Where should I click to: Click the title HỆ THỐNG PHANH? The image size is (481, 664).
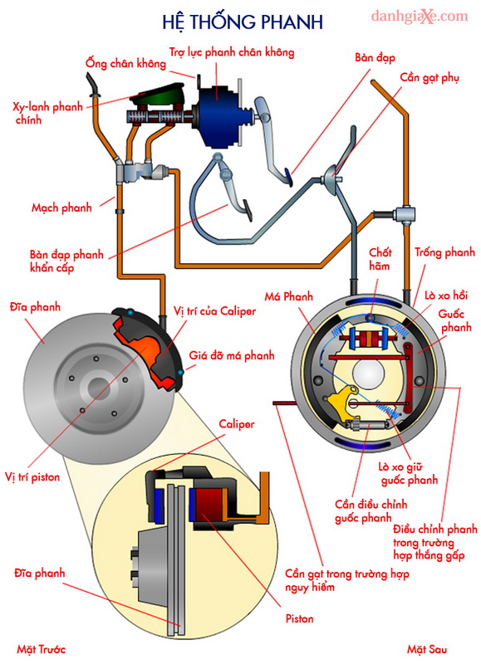[x=243, y=22]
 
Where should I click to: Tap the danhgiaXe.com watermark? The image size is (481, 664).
[x=420, y=17]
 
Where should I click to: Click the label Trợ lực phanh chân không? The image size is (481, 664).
[x=232, y=52]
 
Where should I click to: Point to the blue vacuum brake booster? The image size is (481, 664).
[x=219, y=115]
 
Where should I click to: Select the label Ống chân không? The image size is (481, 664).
[x=125, y=64]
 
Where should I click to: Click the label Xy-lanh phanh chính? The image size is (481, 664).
[x=47, y=113]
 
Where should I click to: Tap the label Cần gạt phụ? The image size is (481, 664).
[x=429, y=78]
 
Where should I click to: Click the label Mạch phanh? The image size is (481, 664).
[x=61, y=207]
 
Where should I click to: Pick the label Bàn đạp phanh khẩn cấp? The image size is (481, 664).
[x=66, y=261]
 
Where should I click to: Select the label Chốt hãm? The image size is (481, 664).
[x=380, y=259]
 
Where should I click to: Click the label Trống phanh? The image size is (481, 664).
[x=445, y=252]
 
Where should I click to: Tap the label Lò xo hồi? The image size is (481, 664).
[x=446, y=295]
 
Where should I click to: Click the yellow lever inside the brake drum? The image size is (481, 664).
[x=341, y=402]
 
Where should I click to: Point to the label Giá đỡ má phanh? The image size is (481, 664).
[x=232, y=355]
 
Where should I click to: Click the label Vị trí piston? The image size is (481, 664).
[x=32, y=476]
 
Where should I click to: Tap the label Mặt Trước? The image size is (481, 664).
[x=41, y=649]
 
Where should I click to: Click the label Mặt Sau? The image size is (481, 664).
[x=427, y=649]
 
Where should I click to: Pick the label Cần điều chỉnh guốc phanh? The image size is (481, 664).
[x=371, y=511]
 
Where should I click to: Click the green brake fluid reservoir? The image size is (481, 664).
[x=158, y=96]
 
